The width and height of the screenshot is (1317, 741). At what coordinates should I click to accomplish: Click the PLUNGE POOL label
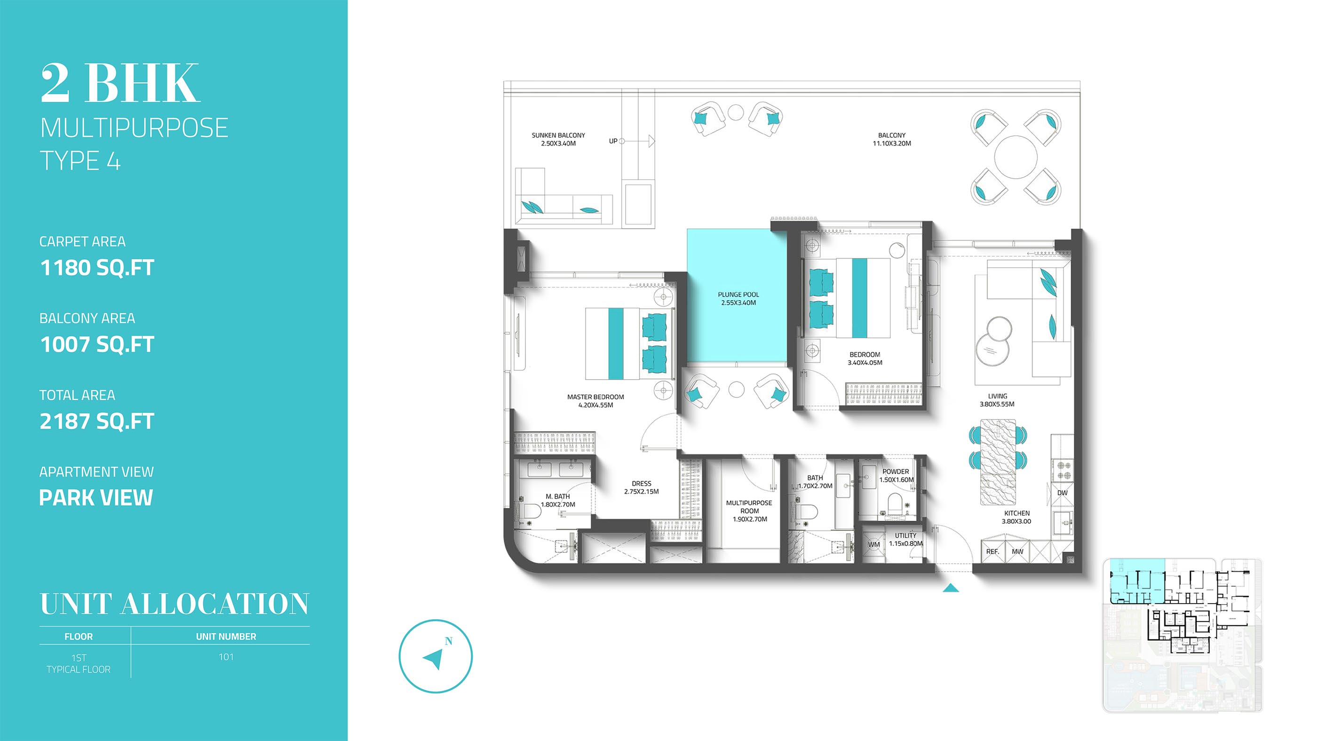click(x=738, y=299)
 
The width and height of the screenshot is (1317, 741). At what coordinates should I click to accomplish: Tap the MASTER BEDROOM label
click(x=595, y=401)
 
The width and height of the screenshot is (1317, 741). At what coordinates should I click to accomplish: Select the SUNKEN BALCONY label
click(x=558, y=139)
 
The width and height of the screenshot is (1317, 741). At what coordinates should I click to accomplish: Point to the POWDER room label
click(x=896, y=476)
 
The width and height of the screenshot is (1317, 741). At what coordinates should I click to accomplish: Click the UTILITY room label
click(x=905, y=540)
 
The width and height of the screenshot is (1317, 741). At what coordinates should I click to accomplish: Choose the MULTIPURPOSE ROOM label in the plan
click(x=749, y=511)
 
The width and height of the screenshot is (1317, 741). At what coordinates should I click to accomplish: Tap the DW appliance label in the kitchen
click(x=1063, y=493)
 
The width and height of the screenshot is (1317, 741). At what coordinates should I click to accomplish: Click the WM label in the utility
click(x=874, y=545)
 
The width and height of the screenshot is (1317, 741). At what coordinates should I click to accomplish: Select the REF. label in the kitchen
click(x=992, y=552)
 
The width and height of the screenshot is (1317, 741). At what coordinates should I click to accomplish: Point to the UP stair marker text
click(x=613, y=141)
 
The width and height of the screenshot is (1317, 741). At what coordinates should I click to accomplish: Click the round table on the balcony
click(x=1016, y=157)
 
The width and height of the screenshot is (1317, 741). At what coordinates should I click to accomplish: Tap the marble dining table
click(x=998, y=462)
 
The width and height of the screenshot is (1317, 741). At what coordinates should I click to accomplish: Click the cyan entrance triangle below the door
click(x=951, y=588)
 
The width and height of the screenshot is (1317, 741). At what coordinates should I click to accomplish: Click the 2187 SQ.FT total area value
click(x=97, y=422)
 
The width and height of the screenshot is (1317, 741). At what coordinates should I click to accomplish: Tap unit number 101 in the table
click(x=226, y=657)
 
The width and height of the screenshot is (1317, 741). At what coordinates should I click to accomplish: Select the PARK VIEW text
click(x=96, y=498)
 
